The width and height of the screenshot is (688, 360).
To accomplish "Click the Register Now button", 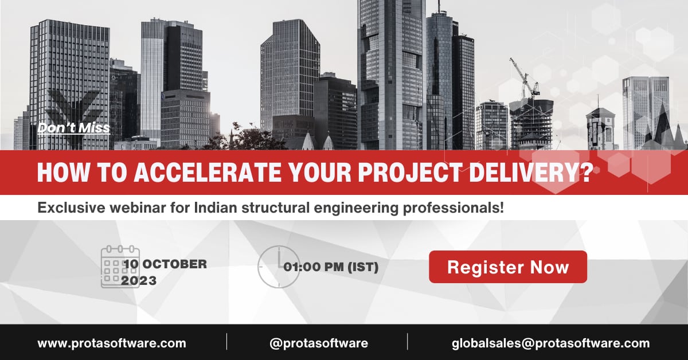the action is (x=508, y=267).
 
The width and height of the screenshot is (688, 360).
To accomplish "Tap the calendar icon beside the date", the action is (x=120, y=267).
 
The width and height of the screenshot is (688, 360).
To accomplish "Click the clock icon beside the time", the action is (x=279, y=267).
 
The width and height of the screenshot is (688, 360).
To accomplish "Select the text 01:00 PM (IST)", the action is (x=331, y=267).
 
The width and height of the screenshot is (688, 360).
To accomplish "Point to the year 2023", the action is (x=139, y=280).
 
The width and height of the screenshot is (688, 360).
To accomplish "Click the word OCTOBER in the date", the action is (x=175, y=264).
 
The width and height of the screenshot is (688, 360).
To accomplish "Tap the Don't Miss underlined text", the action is (x=74, y=128).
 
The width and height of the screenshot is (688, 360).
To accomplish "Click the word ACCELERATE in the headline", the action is (x=208, y=172).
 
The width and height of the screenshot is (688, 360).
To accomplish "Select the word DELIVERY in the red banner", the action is (x=523, y=172).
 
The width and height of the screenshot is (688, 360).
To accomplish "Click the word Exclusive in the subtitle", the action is (x=71, y=208).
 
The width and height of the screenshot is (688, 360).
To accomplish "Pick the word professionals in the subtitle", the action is (x=451, y=208).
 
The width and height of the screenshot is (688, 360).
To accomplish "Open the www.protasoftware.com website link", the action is (x=112, y=343).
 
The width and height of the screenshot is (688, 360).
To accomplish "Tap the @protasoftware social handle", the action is (x=319, y=343).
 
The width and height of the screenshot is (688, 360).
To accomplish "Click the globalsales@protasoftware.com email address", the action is (x=551, y=343).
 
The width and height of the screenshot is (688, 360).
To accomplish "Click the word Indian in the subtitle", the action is (x=216, y=208).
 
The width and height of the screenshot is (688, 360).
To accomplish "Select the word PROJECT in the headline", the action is (x=411, y=172).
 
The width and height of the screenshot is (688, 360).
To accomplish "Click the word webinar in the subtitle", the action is (x=138, y=208).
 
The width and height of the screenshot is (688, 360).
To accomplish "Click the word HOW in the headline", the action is (x=63, y=172).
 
